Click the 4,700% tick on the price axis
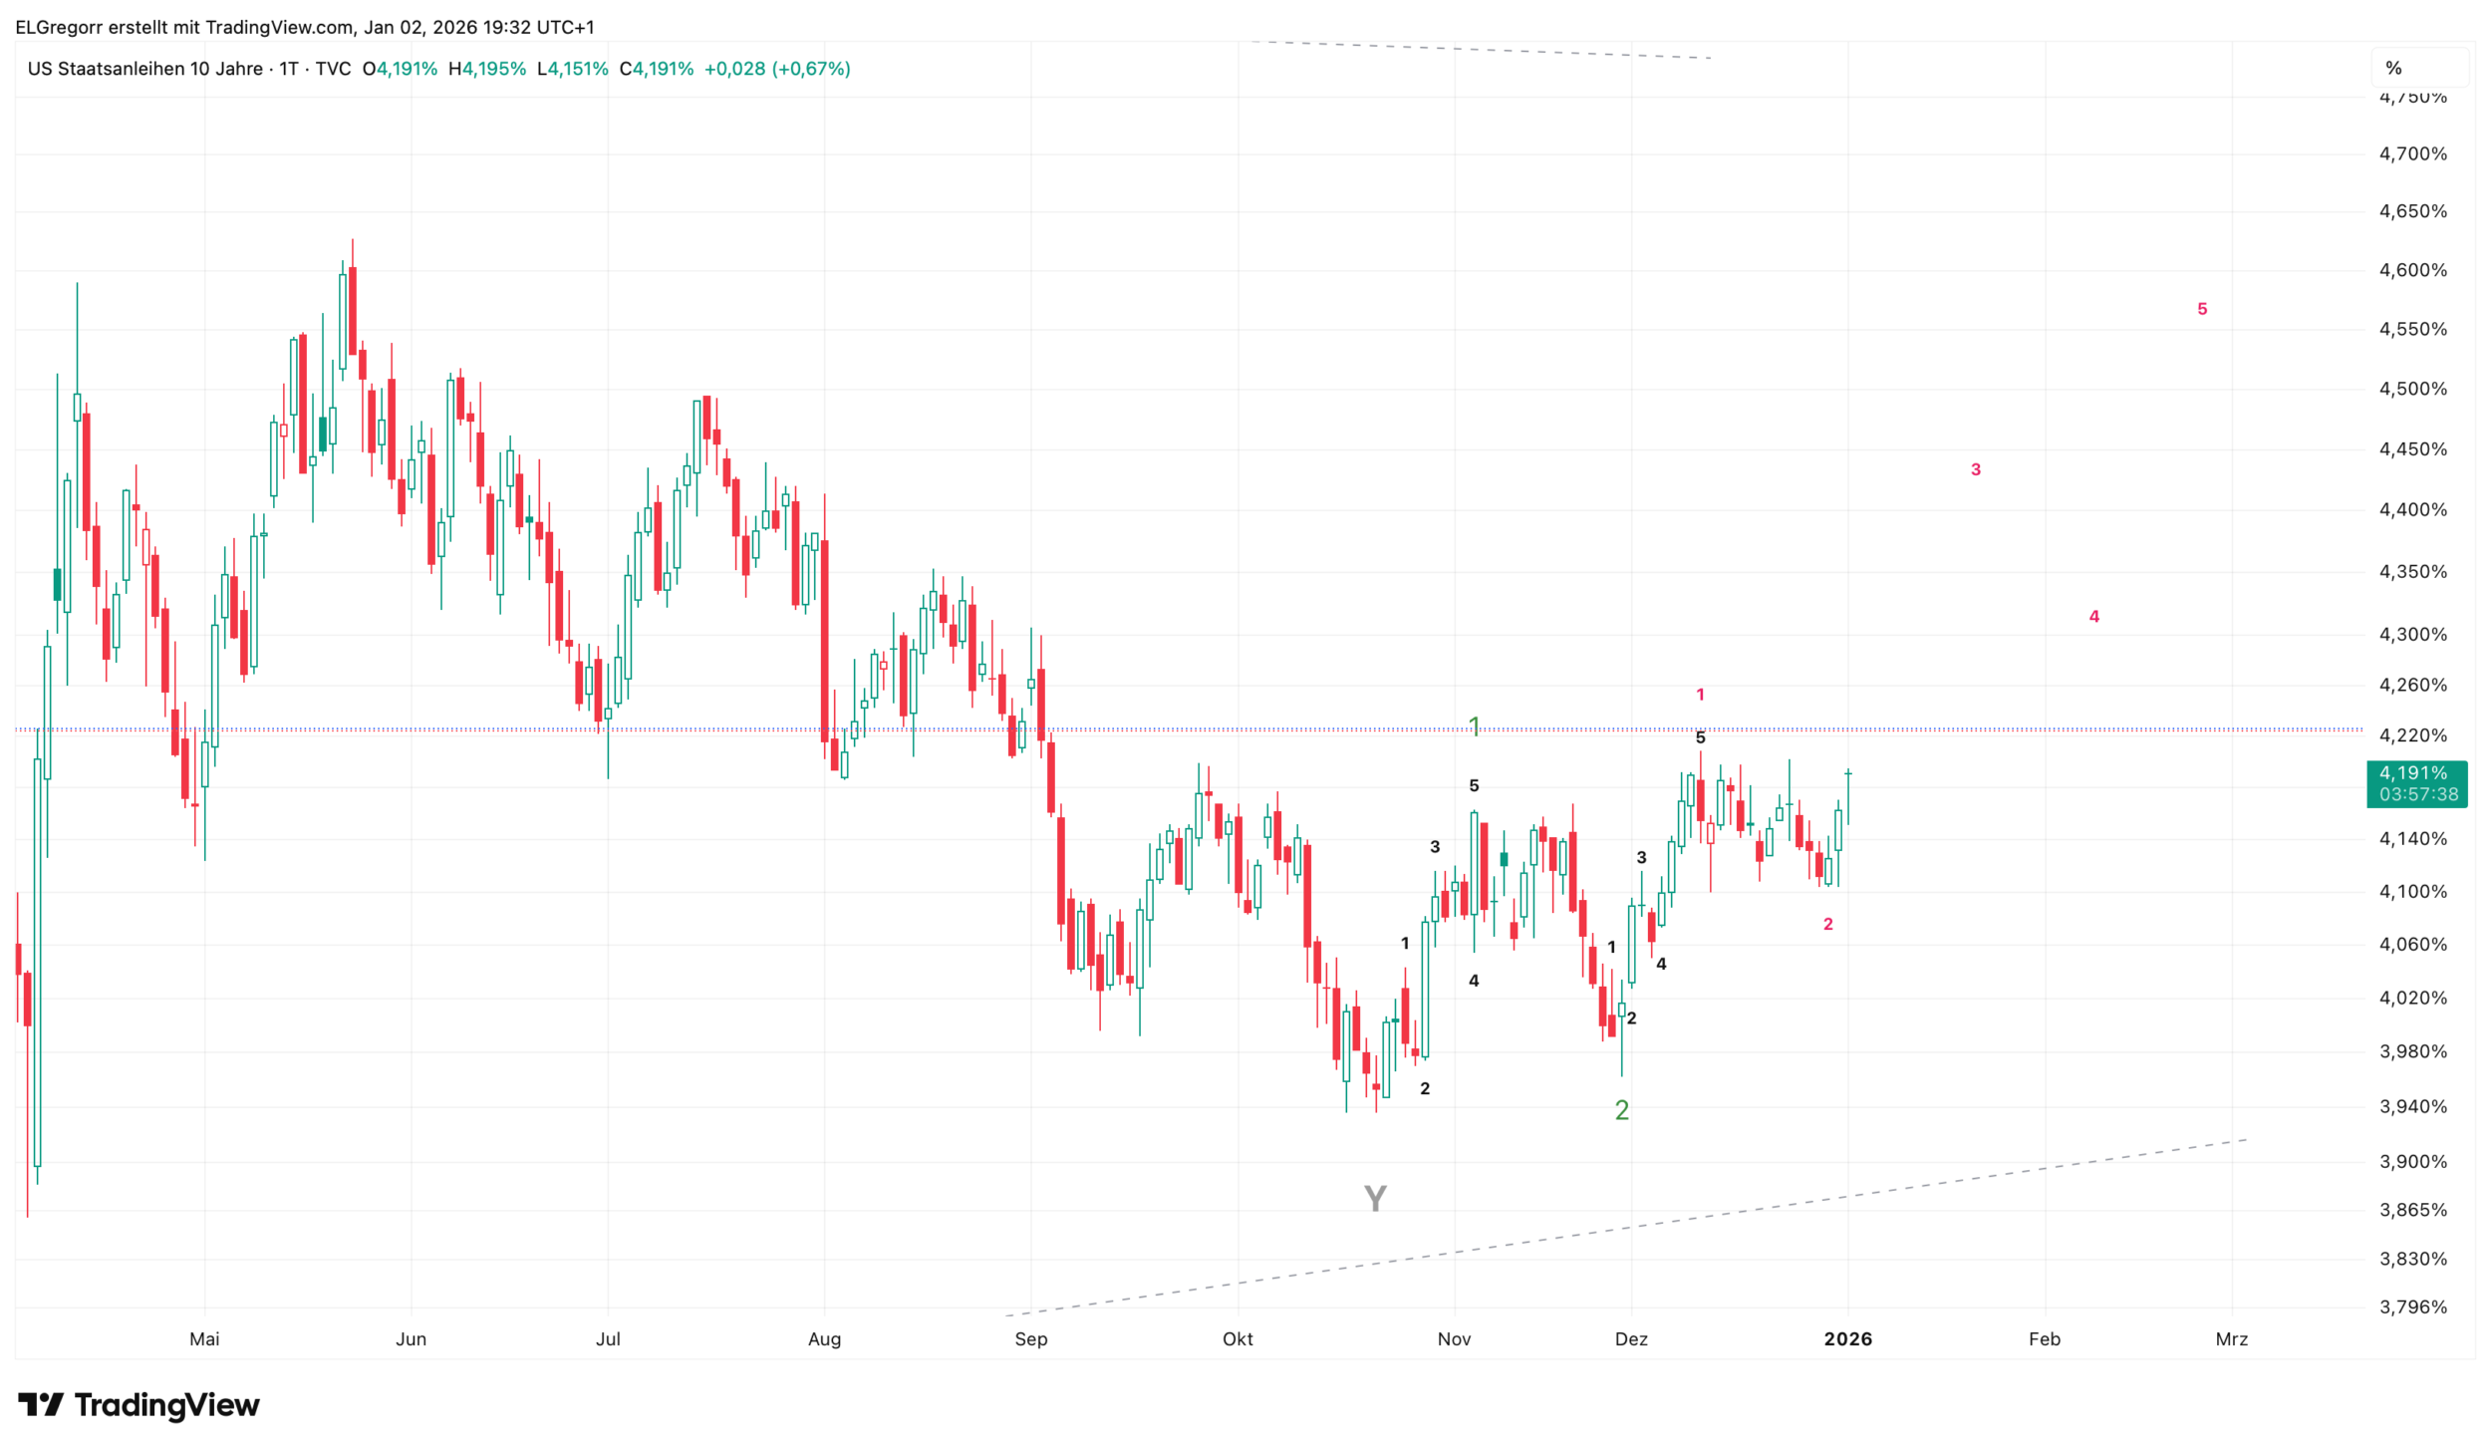(2412, 153)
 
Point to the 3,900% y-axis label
(2412, 1161)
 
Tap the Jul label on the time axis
(608, 1338)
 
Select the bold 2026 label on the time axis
(1847, 1338)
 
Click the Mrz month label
(2231, 1338)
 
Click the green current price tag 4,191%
(2416, 783)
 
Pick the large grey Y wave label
(1375, 1198)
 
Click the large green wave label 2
(1621, 1110)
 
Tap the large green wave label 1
(1475, 726)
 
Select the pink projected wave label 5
(2202, 309)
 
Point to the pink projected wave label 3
(1976, 469)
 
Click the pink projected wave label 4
(2093, 616)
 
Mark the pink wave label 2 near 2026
(1827, 924)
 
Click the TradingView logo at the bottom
(138, 1404)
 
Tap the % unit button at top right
(2393, 68)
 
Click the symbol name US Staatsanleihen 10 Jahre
(145, 69)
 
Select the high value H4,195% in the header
(487, 69)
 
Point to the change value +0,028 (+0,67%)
(777, 69)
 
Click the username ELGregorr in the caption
(59, 27)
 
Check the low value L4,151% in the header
(572, 69)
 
